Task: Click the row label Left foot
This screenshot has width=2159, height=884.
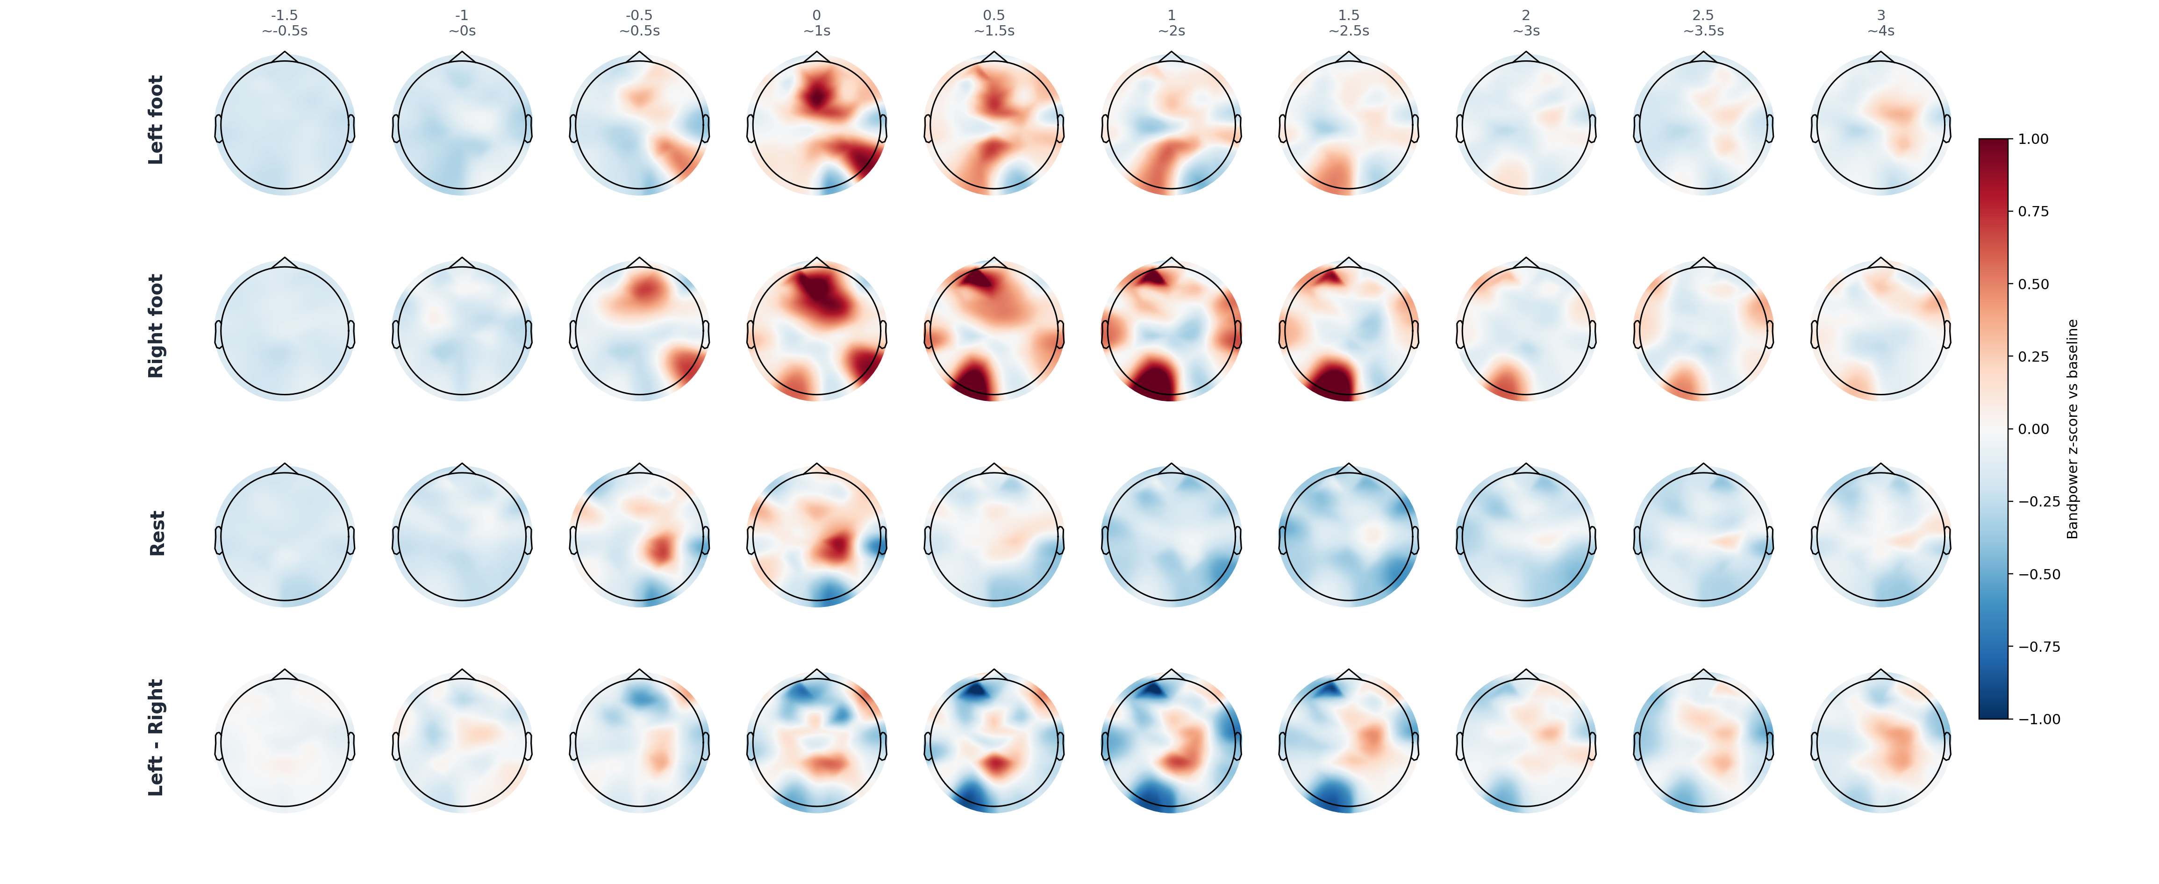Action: (156, 120)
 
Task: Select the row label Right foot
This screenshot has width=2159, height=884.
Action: (156, 326)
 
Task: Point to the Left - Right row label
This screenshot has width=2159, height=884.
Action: (156, 737)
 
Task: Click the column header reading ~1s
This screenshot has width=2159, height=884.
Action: (817, 31)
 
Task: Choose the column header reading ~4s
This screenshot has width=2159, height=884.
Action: (1881, 31)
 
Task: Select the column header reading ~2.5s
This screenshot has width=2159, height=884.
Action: (1349, 31)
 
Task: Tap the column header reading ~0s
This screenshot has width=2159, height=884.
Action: (462, 31)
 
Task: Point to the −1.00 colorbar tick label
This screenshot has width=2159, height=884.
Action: (2039, 719)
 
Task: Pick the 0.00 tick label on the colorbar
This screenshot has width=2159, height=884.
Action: (2033, 429)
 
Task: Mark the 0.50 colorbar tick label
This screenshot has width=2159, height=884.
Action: (2033, 284)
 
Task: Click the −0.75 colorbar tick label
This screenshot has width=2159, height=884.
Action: (2039, 647)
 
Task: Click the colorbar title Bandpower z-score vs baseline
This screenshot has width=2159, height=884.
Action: (2073, 429)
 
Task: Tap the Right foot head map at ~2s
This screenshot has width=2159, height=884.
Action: (1172, 331)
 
